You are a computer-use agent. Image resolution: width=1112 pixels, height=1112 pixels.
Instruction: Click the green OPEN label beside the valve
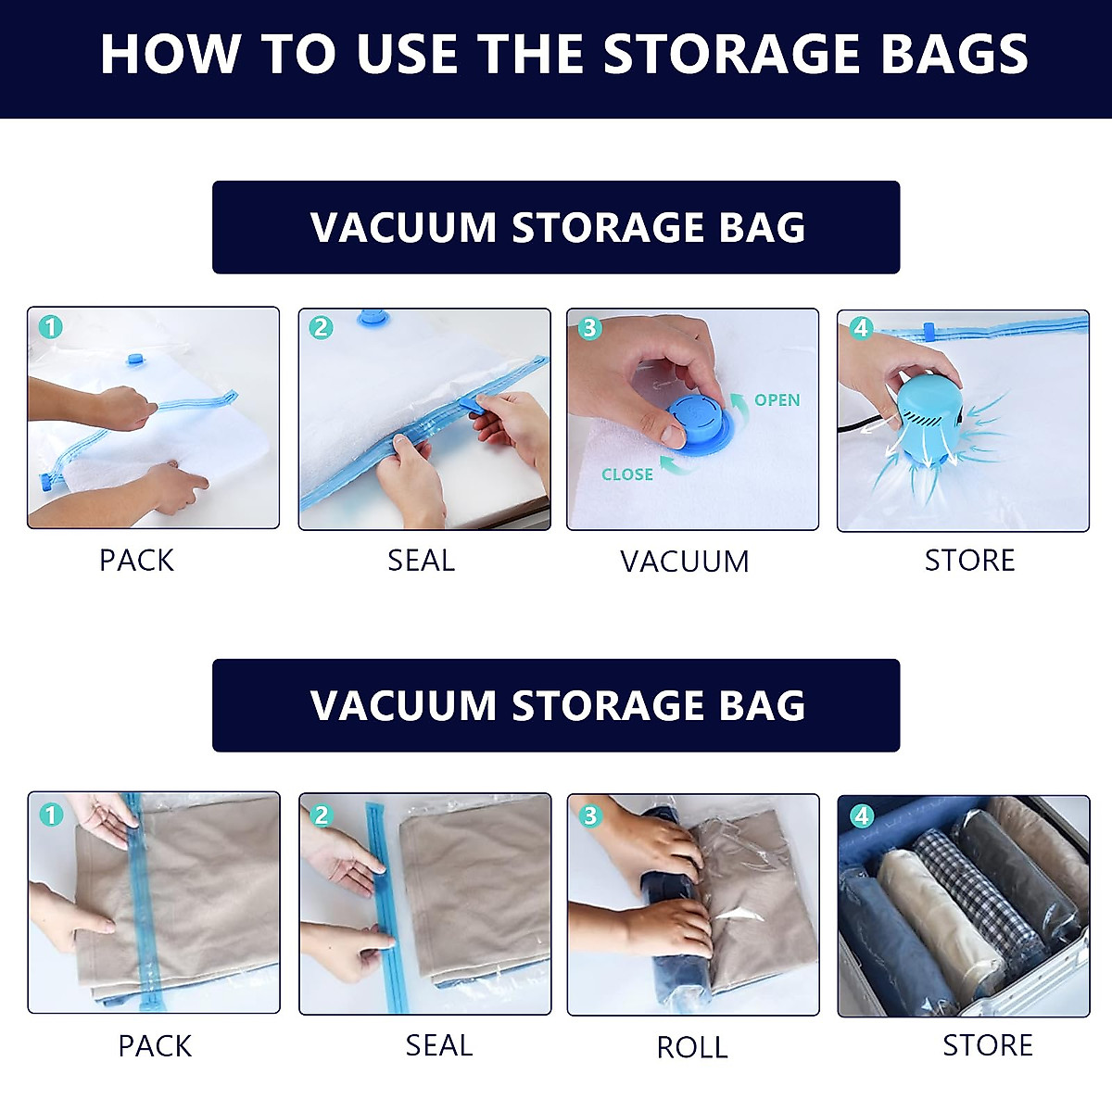[777, 400]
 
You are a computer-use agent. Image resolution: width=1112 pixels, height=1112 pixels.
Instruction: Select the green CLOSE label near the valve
[627, 474]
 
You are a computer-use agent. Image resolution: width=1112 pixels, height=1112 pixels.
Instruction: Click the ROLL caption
[692, 1047]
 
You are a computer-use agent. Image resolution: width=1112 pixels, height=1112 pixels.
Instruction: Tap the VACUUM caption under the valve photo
[685, 562]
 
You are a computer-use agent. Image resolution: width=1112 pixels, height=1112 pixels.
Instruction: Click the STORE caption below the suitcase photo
[988, 1045]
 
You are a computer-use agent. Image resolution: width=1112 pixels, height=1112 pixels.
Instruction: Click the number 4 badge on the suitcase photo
[862, 815]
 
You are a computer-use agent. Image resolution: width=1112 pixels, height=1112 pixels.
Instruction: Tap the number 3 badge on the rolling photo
[589, 815]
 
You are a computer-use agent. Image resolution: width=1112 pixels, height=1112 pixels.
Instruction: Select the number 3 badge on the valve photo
[589, 329]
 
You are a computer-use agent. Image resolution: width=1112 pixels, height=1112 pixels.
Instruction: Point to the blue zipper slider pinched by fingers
[474, 405]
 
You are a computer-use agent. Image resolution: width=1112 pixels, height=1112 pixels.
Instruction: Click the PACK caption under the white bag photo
[136, 561]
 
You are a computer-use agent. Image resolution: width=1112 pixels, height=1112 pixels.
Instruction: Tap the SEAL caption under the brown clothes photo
[439, 1045]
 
